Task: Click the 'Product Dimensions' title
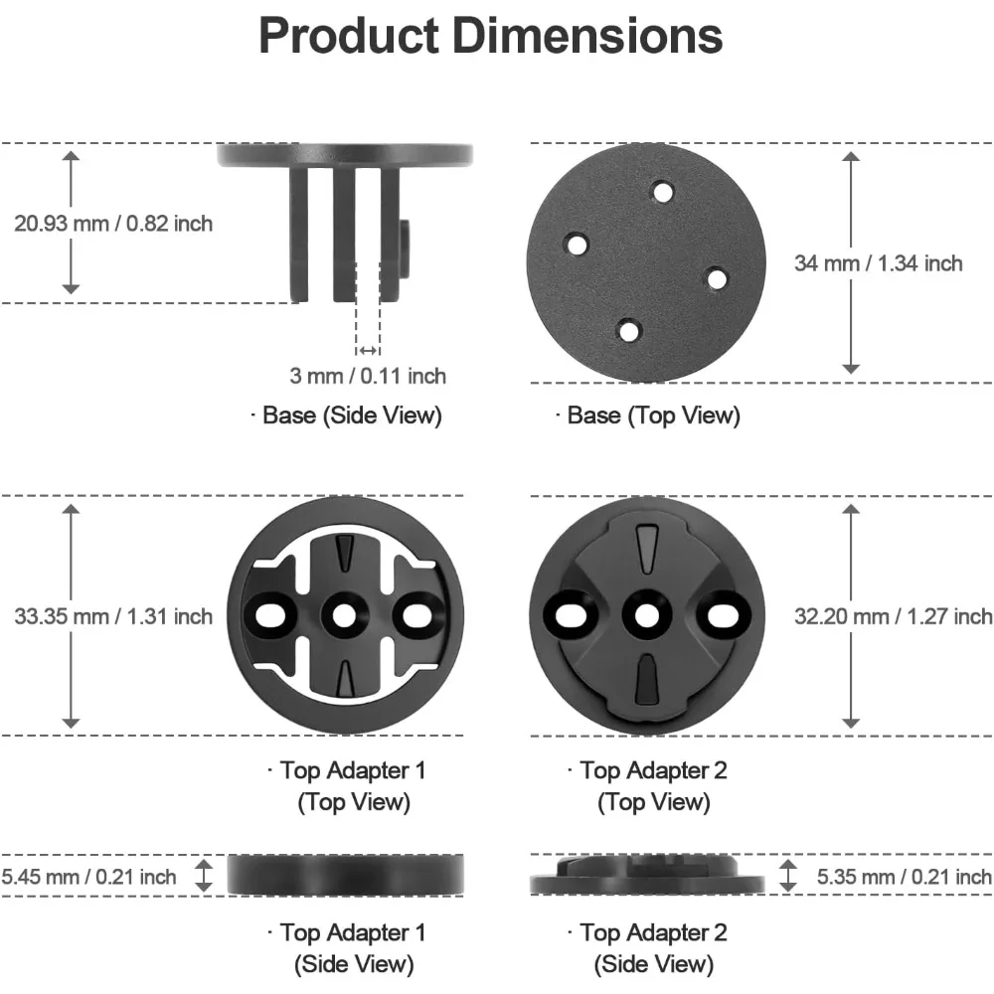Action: (x=491, y=36)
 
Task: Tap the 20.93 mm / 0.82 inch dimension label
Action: (x=113, y=224)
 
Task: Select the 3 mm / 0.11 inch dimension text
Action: (x=368, y=376)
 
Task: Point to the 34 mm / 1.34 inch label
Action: (x=879, y=263)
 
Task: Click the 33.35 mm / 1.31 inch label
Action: (x=113, y=616)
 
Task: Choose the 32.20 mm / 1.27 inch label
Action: (x=894, y=616)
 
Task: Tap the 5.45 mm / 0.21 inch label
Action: (x=88, y=877)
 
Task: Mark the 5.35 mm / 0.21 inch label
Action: (x=904, y=877)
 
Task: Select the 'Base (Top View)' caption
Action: (x=648, y=415)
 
